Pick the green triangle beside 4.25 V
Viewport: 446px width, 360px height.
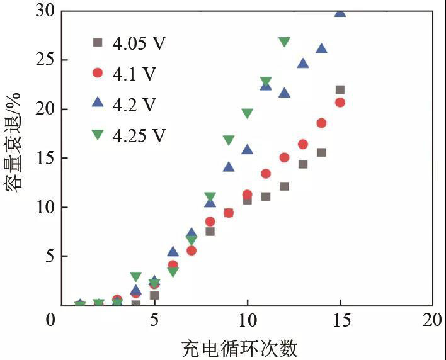tap(97, 134)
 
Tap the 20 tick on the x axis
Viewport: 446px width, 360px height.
tap(433, 320)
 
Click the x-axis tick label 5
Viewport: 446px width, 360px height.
tap(154, 320)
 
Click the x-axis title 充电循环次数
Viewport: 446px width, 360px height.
tap(239, 347)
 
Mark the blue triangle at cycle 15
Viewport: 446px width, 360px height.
tap(340, 11)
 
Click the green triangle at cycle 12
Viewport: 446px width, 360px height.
tap(284, 42)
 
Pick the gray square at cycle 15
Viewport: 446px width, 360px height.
tap(340, 90)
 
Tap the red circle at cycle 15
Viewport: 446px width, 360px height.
tap(340, 103)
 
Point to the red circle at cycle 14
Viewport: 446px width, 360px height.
tap(321, 123)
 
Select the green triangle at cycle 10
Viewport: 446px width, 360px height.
tap(247, 114)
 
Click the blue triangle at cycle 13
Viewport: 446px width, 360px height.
tap(303, 63)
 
